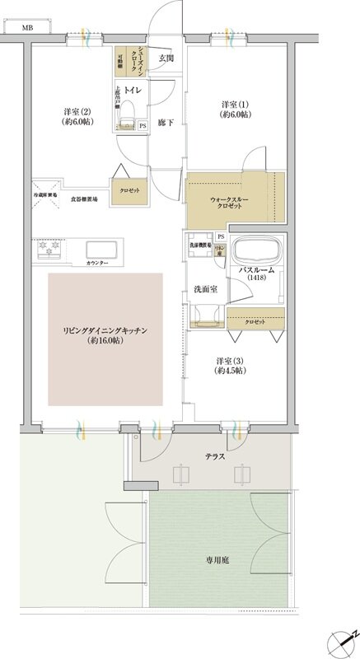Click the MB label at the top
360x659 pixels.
pos(27,28)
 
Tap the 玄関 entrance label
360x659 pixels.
pos(166,58)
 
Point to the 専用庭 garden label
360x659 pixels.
pos(218,559)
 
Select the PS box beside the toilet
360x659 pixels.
pos(143,125)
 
